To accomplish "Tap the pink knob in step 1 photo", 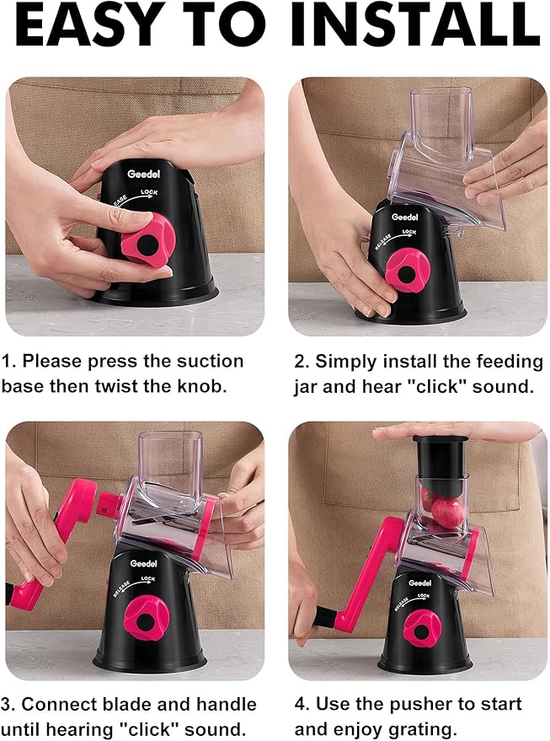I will click(x=148, y=239).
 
